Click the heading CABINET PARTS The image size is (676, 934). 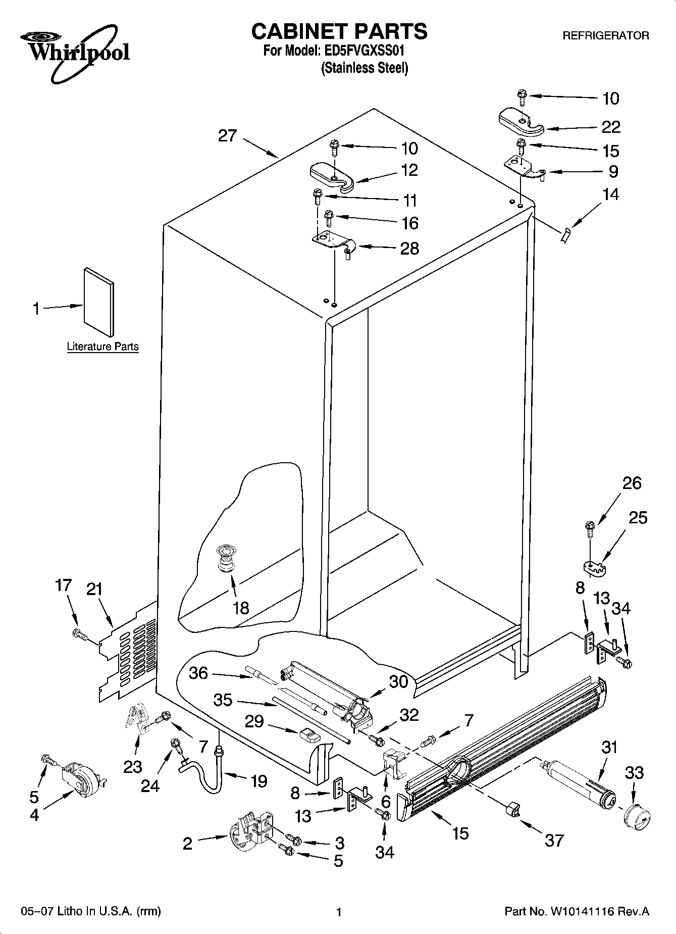click(x=339, y=31)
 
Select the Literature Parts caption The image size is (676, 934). click(x=102, y=347)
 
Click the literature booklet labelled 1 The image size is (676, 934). click(x=98, y=302)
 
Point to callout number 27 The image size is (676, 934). click(x=228, y=135)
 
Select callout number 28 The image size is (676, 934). click(x=409, y=249)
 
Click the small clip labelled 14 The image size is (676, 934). click(x=565, y=235)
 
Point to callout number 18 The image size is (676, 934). click(x=241, y=608)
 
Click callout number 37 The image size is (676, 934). click(x=554, y=841)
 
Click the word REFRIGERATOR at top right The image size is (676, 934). click(x=606, y=36)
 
